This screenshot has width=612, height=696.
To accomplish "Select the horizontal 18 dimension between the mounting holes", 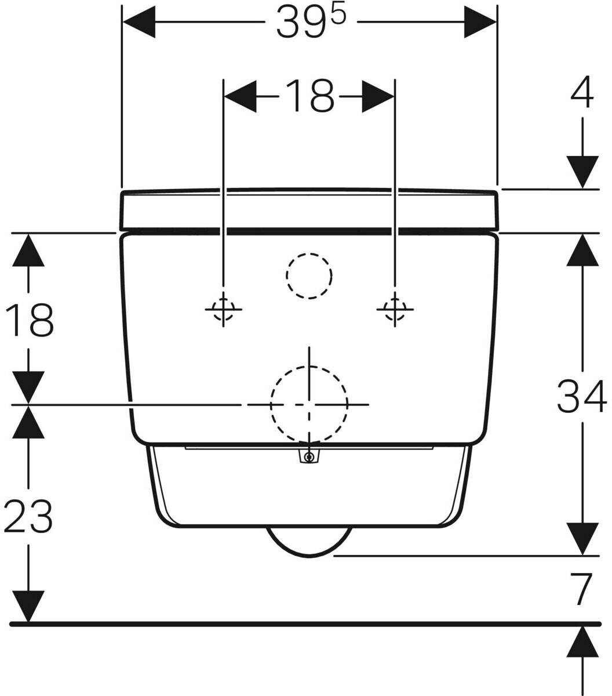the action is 309,96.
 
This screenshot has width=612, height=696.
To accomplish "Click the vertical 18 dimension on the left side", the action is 29,320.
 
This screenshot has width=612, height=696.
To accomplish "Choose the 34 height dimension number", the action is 581,396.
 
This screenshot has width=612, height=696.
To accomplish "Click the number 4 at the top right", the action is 582,92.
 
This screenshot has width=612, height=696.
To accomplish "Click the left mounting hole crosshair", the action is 224,309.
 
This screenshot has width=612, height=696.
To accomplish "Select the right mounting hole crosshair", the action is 395,309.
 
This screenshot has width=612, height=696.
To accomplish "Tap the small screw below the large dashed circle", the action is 309,456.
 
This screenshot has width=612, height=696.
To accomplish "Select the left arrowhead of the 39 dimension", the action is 139,21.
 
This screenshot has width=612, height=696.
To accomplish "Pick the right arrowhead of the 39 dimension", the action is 480,21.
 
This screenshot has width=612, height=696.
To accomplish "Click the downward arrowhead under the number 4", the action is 582,172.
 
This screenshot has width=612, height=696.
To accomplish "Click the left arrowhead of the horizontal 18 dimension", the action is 240,96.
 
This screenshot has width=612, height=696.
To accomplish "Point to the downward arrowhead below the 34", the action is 582,539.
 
